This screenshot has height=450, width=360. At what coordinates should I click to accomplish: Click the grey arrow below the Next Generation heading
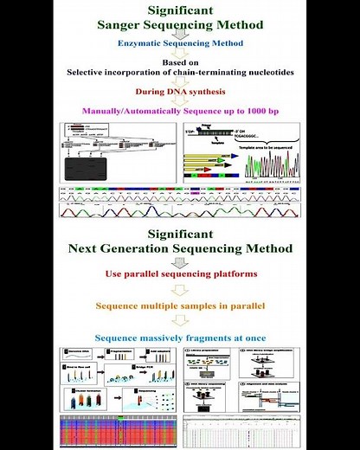(x=180, y=262)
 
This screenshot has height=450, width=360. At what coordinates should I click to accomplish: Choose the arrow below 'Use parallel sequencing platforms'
(x=180, y=291)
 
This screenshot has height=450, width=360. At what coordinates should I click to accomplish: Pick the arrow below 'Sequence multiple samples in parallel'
(x=180, y=321)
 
